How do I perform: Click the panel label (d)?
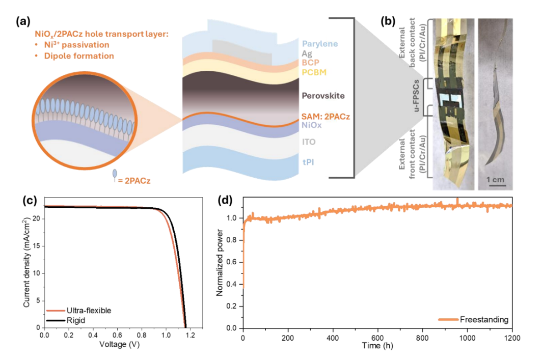(x=226, y=201)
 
